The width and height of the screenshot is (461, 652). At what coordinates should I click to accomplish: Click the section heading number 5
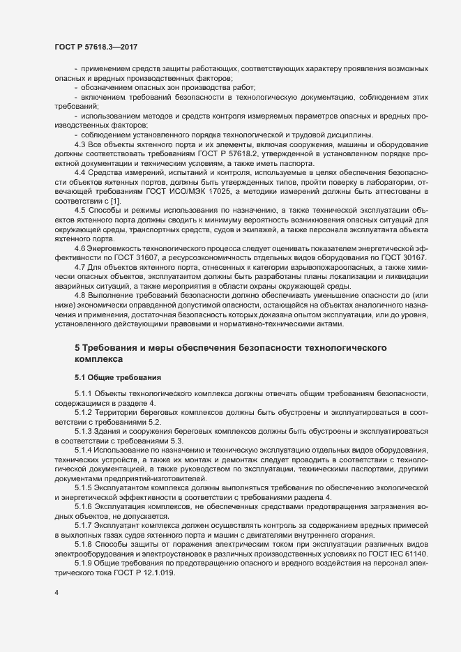[x=77, y=347]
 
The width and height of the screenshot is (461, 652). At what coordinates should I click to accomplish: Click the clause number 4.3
[x=79, y=144]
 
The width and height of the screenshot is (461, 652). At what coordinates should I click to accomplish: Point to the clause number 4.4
[x=79, y=171]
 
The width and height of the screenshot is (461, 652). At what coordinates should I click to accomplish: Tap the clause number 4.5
[x=79, y=210]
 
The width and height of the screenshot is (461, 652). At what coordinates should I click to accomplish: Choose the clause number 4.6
[x=79, y=248]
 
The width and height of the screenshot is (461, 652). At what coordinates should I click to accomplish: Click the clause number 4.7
[x=79, y=268]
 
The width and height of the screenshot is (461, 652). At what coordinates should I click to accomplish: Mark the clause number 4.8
[x=79, y=296]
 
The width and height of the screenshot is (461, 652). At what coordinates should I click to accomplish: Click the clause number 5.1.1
[x=83, y=395]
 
